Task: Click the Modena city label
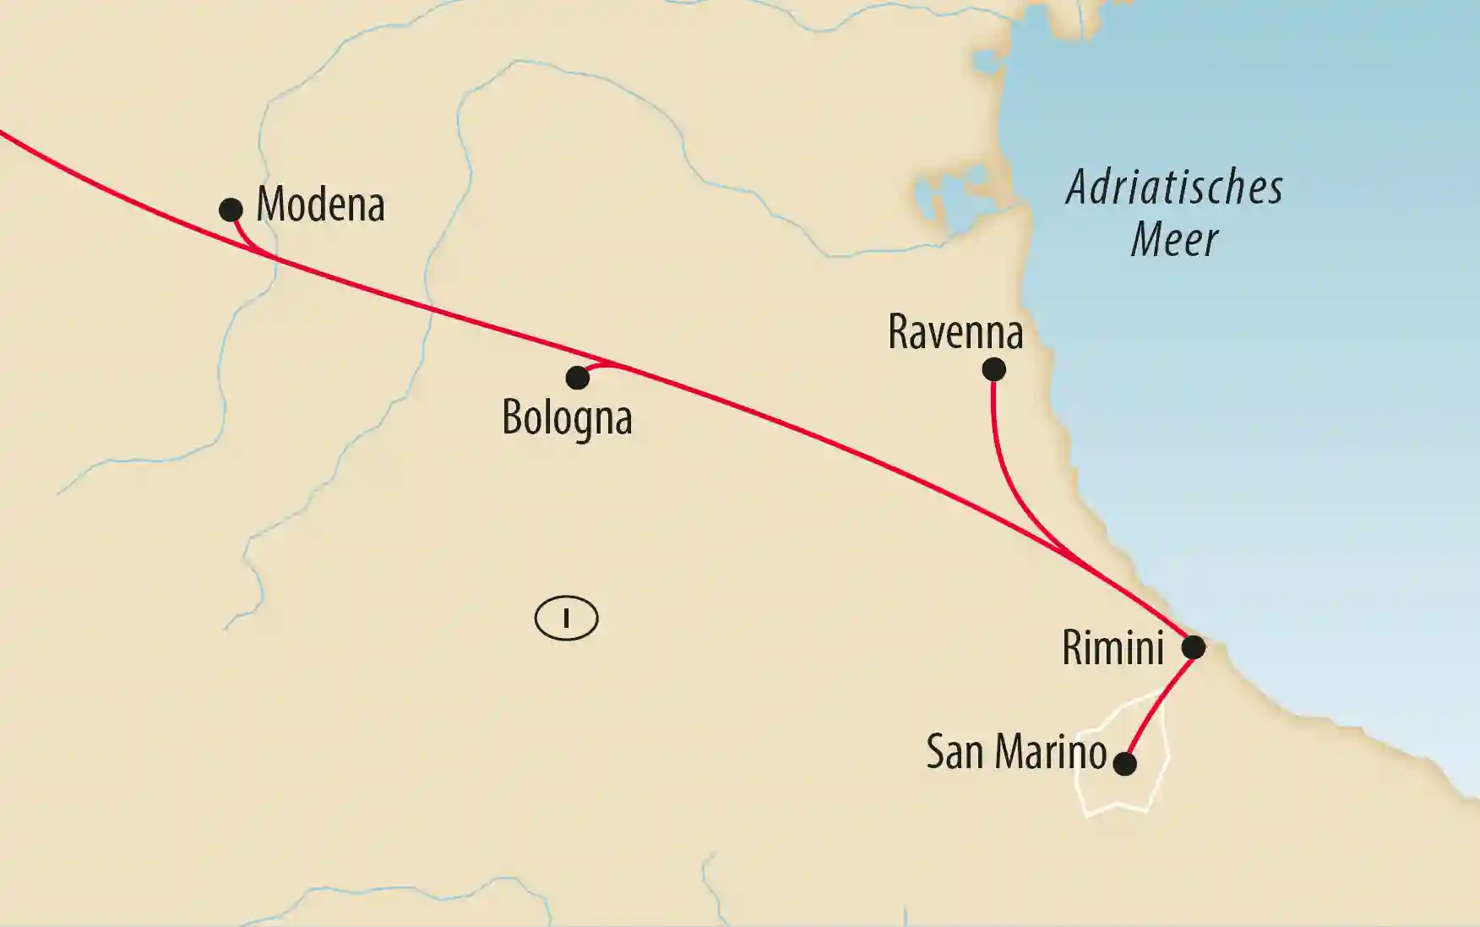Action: click(x=320, y=204)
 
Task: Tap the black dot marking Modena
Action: click(x=231, y=210)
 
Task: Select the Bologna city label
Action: click(x=567, y=417)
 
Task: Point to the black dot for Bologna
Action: click(x=577, y=378)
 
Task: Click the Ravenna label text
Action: click(x=955, y=332)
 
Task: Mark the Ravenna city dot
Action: click(x=993, y=369)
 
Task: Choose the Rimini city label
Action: click(x=1113, y=648)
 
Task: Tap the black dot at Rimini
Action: click(x=1193, y=647)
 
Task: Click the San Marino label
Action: click(x=1015, y=751)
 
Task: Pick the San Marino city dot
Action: click(x=1124, y=764)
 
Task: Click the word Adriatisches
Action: click(x=1174, y=188)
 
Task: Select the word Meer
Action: click(x=1174, y=240)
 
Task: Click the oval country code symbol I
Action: click(x=566, y=619)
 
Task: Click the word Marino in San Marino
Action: click(x=1051, y=751)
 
